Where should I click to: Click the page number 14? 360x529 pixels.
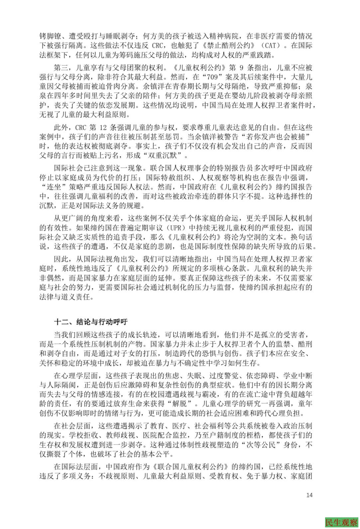tap(309, 495)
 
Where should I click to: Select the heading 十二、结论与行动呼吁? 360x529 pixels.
tap(91, 322)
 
